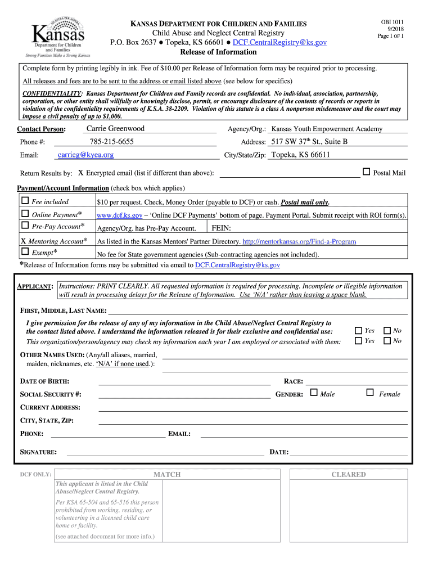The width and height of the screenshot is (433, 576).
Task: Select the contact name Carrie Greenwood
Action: pos(115,129)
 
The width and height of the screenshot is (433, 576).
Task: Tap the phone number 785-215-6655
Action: pos(111,142)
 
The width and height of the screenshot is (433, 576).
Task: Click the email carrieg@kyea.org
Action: pos(85,155)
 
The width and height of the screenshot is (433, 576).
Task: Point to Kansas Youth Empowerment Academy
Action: pos(327,129)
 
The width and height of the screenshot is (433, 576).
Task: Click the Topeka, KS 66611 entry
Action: pos(300,155)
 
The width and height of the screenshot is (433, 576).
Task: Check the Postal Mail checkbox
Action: pos(367,172)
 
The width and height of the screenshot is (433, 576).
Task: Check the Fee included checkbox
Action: pos(25,201)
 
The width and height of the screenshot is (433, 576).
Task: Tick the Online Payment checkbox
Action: pos(25,214)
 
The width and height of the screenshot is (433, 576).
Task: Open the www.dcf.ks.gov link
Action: pos(119,215)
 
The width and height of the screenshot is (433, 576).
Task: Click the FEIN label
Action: pos(221,228)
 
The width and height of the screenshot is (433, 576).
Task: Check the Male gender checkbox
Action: pos(314,393)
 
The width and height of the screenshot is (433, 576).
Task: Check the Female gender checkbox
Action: pos(370,393)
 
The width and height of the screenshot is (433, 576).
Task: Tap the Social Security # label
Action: pos(51,394)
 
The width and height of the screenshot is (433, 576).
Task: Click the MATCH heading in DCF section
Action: pos(167,474)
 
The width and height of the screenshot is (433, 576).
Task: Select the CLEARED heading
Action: pos(348,474)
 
